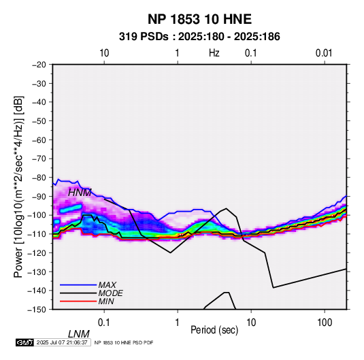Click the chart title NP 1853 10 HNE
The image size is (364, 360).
coord(199,19)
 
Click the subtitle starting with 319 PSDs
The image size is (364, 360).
coord(199,37)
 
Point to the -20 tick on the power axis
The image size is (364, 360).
coord(39,65)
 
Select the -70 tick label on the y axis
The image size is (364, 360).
coord(39,159)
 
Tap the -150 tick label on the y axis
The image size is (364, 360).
coord(37,310)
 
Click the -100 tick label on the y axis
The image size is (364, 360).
coord(37,215)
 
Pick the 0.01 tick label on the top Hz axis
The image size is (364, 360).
coord(324,53)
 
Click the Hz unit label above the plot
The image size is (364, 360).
coord(214,53)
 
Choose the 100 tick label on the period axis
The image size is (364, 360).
coord(325,323)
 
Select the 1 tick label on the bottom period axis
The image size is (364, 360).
coord(178,323)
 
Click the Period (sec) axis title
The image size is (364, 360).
coord(214,330)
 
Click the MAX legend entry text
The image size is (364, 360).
coord(107,284)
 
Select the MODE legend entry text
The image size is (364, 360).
coord(110,293)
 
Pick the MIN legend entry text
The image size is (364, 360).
coord(106,301)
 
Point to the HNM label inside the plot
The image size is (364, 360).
coord(80,193)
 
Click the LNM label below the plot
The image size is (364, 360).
coord(78,334)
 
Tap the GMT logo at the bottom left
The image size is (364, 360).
coord(24,342)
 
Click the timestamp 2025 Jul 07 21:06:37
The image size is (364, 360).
coord(62,342)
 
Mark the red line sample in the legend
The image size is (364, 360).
coord(78,301)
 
